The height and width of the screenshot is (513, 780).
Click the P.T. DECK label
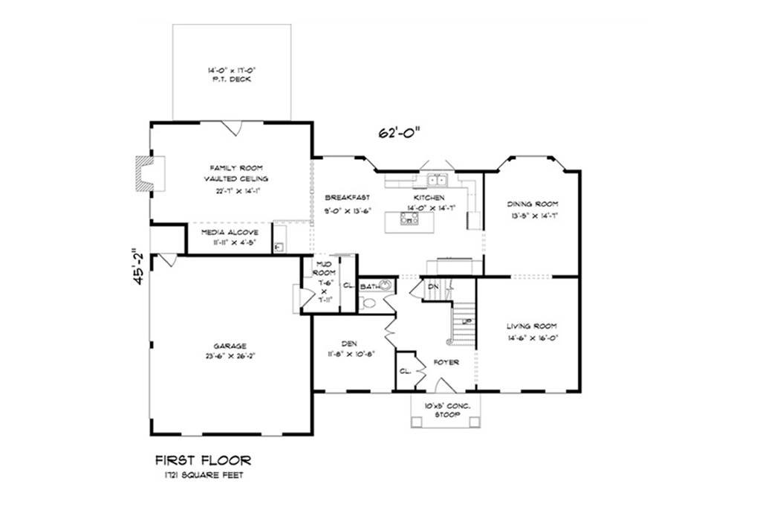232,79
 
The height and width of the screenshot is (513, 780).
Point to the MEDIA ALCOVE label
229,232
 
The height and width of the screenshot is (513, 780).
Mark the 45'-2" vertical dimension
134,271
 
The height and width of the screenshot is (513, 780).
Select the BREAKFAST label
348,198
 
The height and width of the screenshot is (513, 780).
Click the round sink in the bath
386,285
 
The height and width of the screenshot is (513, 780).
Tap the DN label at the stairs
434,286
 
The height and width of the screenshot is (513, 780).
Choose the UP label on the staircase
467,321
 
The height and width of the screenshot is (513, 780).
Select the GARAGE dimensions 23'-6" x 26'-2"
229,355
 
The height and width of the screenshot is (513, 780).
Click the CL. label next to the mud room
348,284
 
